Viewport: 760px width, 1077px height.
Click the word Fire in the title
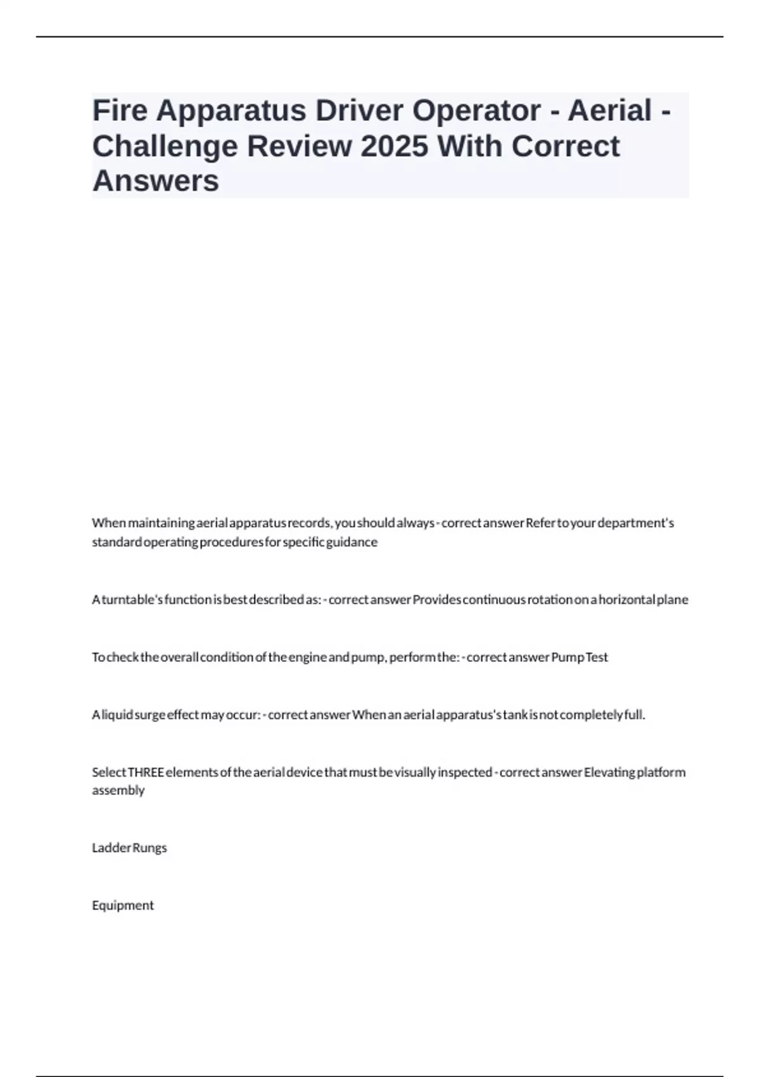pos(119,110)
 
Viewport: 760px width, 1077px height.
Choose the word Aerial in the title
pos(609,110)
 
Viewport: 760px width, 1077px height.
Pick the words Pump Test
pos(579,657)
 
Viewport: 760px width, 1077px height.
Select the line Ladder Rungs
pos(129,848)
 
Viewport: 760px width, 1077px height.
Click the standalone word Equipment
pos(123,905)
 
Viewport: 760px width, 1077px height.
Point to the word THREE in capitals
pos(146,772)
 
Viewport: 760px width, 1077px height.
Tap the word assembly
pos(118,790)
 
